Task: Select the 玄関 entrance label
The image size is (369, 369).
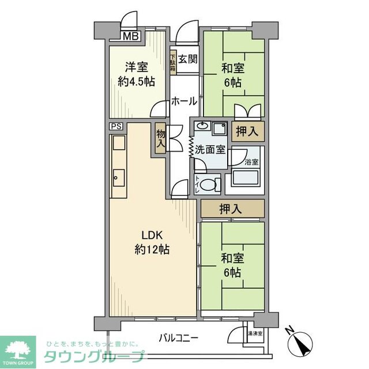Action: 187,59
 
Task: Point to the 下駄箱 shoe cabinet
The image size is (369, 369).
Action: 173,64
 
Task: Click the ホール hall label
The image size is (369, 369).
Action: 184,101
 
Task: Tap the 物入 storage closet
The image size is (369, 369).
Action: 160,139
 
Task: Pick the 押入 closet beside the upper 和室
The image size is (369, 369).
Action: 248,131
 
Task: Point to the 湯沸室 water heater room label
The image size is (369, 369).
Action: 254,333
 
